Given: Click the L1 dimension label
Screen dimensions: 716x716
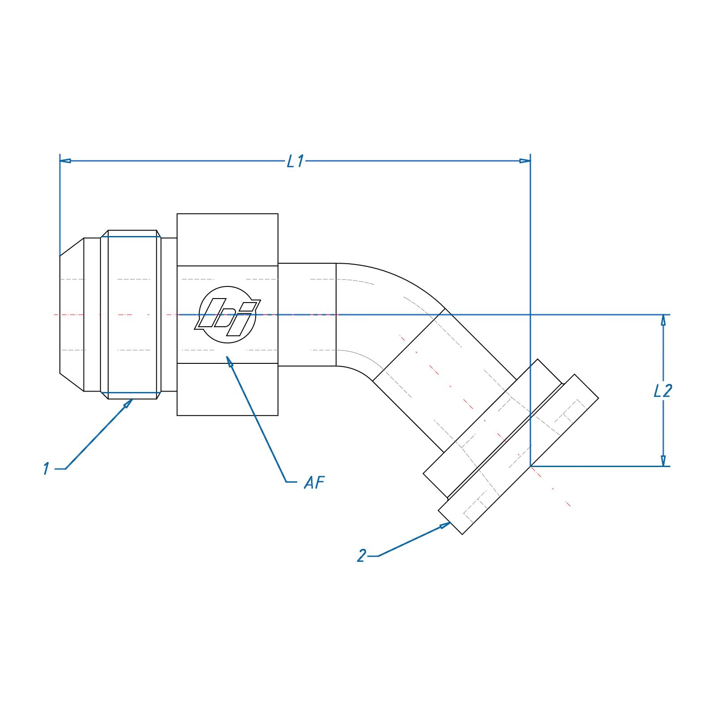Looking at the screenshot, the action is [295, 161].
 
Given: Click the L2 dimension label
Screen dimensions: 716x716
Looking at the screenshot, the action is [662, 391].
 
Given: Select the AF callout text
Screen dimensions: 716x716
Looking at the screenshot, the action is [314, 483].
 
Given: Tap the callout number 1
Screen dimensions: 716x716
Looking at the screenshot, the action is [46, 469].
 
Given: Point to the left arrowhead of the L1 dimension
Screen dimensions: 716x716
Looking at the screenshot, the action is [65, 160].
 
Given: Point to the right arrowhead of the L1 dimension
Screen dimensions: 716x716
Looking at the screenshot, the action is [525, 160].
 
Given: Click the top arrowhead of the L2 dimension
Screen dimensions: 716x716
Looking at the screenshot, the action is [663, 320].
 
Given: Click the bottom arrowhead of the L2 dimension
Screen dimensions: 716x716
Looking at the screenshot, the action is [663, 461].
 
